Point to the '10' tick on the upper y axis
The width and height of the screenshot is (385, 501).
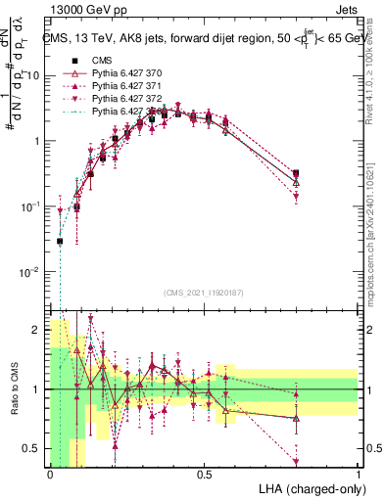tap(34, 76)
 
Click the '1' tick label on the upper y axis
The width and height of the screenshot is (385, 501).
tap(37, 141)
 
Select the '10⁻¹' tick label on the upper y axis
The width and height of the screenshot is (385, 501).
tap(30, 206)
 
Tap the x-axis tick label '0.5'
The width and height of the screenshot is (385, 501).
tap(204, 475)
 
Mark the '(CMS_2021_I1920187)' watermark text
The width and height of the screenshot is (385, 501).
tap(203, 292)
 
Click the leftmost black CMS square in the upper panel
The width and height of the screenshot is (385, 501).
tap(60, 241)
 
